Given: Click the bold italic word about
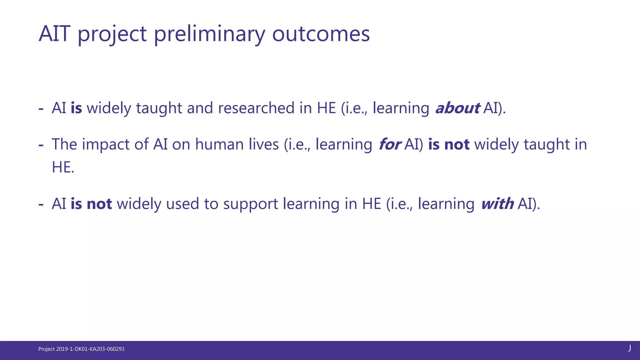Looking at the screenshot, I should pos(457,108).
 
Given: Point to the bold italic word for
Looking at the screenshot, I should pos(389,144).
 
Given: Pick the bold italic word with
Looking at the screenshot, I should pos(497,204).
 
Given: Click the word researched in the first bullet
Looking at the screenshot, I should pos(256,108).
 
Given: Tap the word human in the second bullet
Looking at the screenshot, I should pos(219,144).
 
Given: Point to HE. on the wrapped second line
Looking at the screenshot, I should pos(63,167).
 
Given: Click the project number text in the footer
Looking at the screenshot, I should pos(81,349).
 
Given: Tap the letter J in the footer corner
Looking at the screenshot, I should pos(630,348).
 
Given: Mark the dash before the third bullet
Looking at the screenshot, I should pos(41,204).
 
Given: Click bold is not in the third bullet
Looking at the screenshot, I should pos(91,204).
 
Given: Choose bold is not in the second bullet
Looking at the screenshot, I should pos(449,144).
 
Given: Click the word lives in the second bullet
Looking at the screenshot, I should pos(264,144).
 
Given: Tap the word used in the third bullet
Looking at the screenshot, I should pos(182,204).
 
